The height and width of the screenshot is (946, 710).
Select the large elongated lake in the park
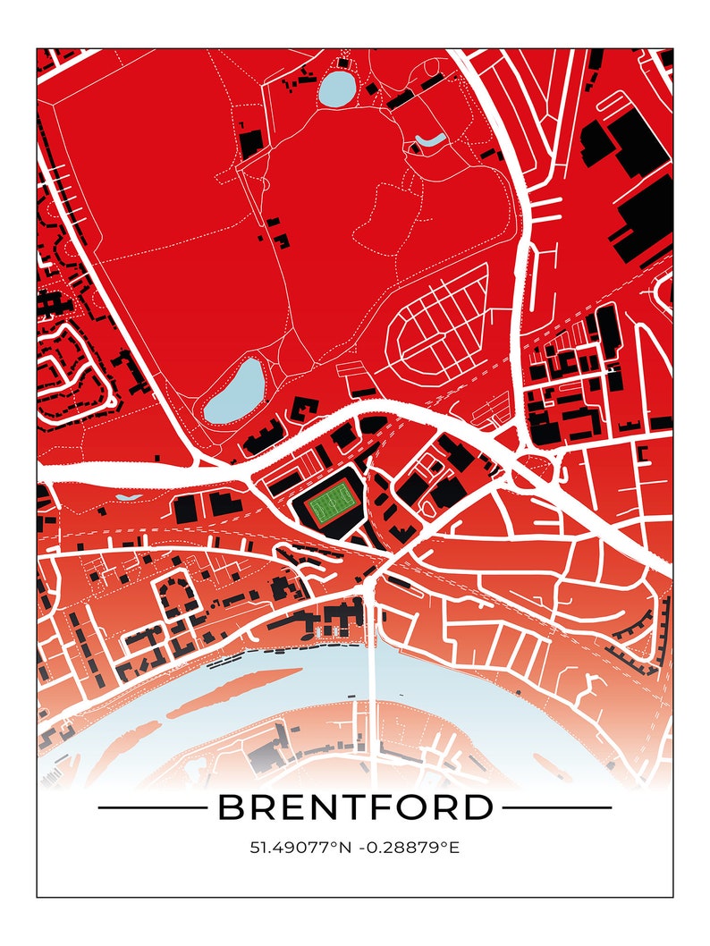coord(234,393)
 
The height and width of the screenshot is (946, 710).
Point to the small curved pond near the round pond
coord(430,141)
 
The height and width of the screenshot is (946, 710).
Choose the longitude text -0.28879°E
coord(410,847)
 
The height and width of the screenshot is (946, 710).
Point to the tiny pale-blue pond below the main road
coord(129,494)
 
